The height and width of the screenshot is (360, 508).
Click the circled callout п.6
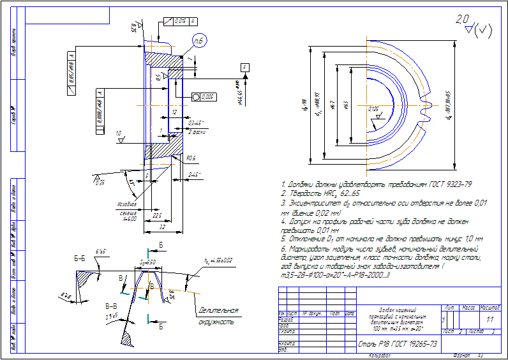pos(198,41)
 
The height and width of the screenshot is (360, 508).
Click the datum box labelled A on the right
pos(245,67)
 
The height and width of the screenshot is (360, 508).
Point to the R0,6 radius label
pos(191,158)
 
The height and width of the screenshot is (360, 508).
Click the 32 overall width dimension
pos(163,226)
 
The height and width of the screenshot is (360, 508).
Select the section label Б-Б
pos(80,259)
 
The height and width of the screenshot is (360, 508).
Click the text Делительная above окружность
pos(218,311)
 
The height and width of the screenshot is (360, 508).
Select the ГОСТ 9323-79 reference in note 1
pos(450,184)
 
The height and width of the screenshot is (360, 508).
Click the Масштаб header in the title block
pos(489,308)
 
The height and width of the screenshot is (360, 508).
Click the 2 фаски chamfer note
pos(196,131)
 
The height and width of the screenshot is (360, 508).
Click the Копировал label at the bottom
pos(378,355)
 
